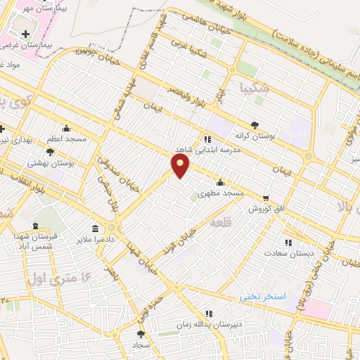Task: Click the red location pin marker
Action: [181, 167]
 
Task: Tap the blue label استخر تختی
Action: [261, 297]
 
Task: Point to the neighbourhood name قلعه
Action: [220, 221]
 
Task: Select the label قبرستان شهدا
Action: [28, 238]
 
